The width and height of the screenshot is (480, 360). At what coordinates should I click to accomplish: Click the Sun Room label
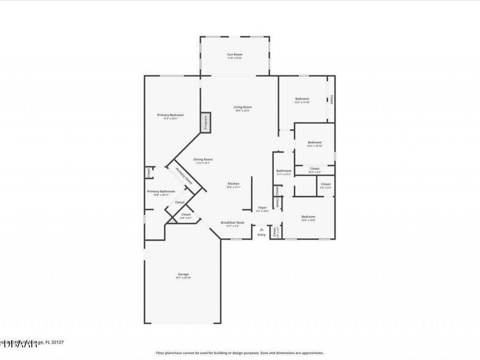click(235, 54)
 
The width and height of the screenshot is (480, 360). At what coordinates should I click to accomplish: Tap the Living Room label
click(243, 107)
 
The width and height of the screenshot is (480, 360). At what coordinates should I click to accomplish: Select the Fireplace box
click(205, 122)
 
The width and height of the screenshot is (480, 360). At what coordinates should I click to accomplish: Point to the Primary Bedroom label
click(170, 115)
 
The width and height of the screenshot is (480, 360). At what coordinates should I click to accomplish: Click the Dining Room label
click(203, 159)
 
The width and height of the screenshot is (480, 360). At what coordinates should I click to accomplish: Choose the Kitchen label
click(234, 183)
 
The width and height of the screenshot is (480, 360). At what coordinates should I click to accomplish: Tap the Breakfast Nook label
click(233, 222)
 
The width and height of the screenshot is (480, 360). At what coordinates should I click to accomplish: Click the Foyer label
click(262, 207)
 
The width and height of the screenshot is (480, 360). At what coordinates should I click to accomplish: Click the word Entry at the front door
click(261, 235)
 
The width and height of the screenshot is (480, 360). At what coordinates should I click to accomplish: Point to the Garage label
click(183, 275)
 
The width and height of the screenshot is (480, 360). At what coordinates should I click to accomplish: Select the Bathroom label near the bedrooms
click(284, 171)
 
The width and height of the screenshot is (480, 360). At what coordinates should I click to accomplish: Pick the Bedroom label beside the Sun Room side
click(302, 99)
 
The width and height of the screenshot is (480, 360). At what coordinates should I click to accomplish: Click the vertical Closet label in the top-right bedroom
click(331, 99)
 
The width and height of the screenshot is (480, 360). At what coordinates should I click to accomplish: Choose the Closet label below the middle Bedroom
click(315, 169)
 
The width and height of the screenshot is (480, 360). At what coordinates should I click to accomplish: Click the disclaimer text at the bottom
click(239, 353)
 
